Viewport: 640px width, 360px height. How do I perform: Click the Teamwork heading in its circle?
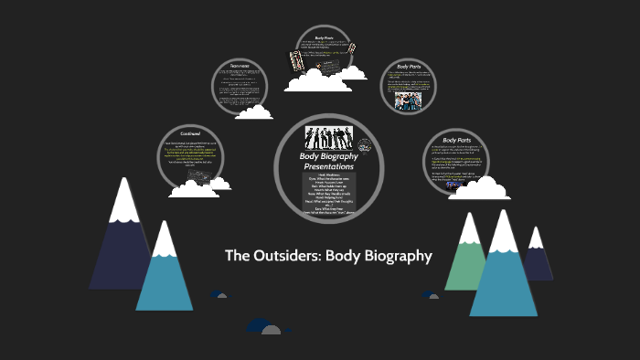[x=239, y=67]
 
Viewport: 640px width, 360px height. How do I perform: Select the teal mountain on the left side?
[x=165, y=274]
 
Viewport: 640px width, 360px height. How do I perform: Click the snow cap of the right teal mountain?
[x=503, y=233]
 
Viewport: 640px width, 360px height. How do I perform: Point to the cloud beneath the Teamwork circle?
[x=253, y=112]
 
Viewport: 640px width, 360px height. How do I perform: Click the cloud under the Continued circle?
[x=193, y=188]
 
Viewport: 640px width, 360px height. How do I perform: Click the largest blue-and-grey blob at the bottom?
[x=261, y=326]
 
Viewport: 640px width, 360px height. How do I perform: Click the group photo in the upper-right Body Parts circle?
[x=408, y=101]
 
